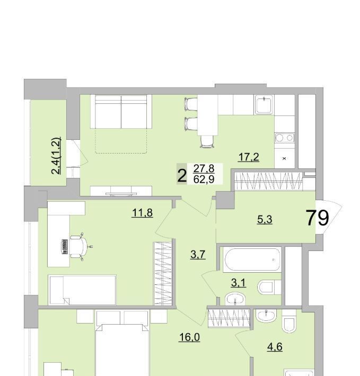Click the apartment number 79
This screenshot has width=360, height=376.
click(317, 218)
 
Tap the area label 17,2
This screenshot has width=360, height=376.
click(249, 157)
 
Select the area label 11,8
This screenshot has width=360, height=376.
click(142, 213)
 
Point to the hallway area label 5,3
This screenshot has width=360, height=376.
click(265, 219)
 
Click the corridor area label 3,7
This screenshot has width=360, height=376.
click(198, 254)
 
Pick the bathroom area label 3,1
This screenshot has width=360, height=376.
click(239, 283)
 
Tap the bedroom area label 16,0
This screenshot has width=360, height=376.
click(190, 337)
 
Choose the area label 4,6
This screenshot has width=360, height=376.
click(275, 347)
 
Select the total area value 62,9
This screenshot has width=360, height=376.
click(204, 179)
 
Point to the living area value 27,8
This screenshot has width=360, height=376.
click(204, 168)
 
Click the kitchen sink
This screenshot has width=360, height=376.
click(264, 104)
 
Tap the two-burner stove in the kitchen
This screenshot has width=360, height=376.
click(284, 138)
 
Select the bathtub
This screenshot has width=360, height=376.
click(252, 259)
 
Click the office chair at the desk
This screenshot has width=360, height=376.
click(80, 246)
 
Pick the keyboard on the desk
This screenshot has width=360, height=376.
click(65, 247)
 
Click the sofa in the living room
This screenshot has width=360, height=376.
click(121, 112)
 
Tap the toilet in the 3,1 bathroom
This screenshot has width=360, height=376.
click(269, 287)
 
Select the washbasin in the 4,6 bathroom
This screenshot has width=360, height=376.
click(266, 315)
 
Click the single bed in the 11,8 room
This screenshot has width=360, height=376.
click(82, 290)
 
